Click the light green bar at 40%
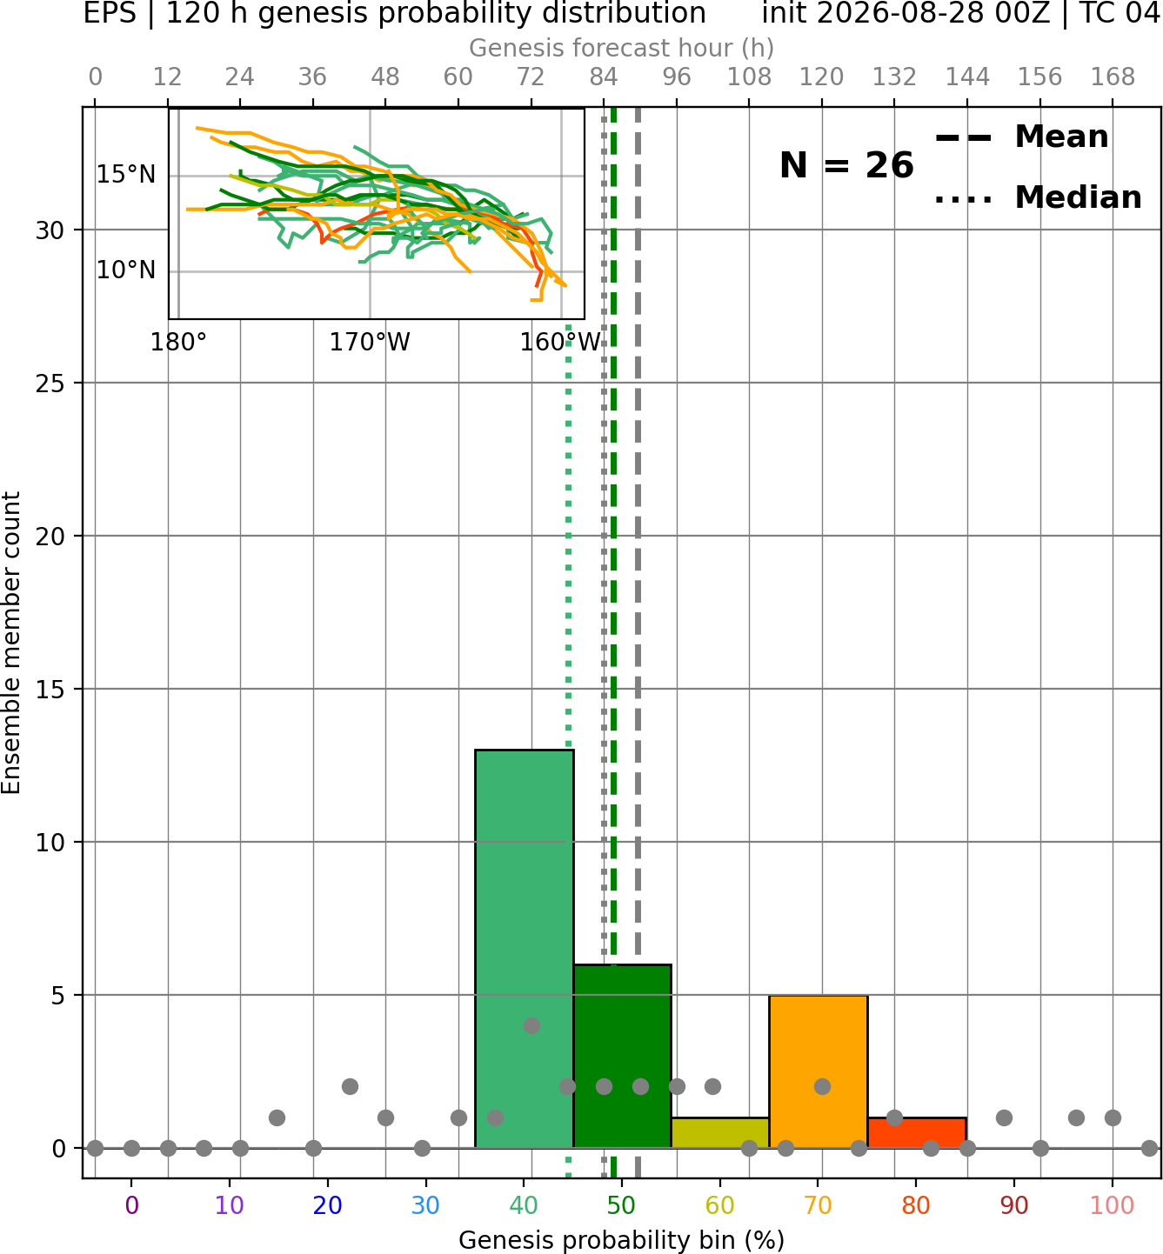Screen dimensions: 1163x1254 [x=525, y=949]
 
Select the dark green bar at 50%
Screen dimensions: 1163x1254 [x=622, y=1056]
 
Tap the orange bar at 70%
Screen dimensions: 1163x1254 [x=818, y=1071]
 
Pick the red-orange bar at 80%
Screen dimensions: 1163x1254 [x=917, y=1133]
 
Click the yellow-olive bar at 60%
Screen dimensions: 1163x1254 [x=720, y=1133]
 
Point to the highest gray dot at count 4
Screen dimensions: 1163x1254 [x=531, y=1025]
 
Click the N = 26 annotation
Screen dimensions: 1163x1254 [x=846, y=165]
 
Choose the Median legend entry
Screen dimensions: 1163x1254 [x=1038, y=197]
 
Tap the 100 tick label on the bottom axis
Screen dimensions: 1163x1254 [x=1113, y=1205]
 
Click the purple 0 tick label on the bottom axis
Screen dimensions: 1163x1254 [x=131, y=1205]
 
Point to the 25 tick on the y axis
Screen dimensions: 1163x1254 [x=50, y=384]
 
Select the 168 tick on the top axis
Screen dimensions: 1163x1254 [x=1113, y=77]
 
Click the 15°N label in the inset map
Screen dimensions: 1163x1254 [x=126, y=174]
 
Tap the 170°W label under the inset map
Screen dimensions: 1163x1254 [x=370, y=343]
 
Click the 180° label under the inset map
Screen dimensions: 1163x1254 [x=178, y=343]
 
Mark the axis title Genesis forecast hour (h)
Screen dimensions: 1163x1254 [x=622, y=48]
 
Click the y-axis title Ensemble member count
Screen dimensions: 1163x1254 [x=11, y=643]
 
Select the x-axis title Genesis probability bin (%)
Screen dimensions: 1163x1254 [x=622, y=1240]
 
